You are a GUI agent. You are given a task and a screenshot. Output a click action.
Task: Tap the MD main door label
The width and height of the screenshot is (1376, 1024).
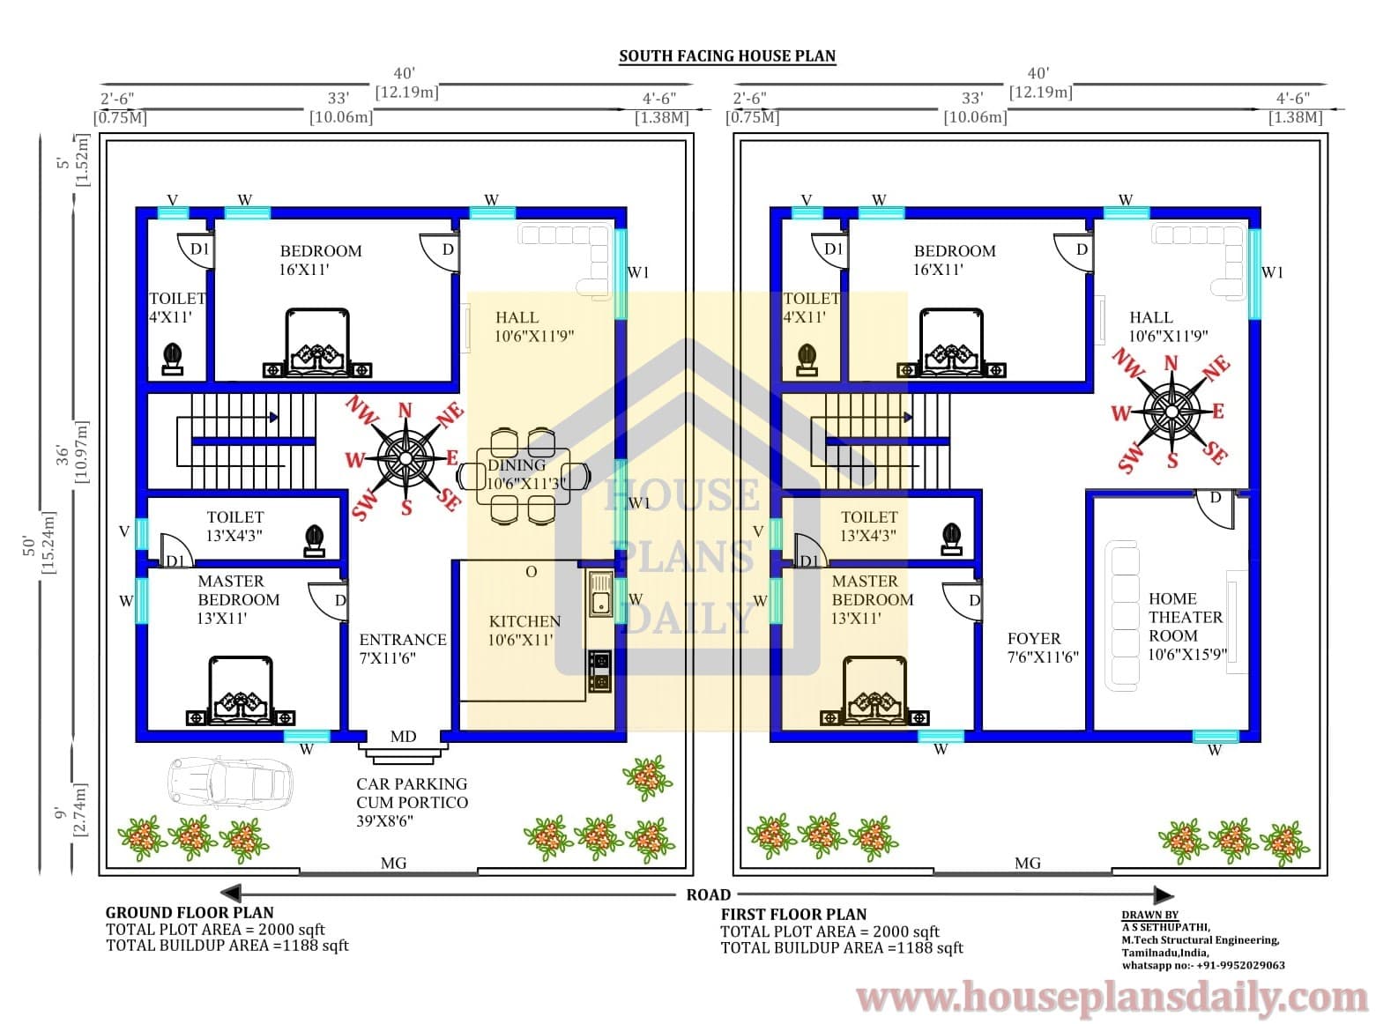tap(403, 736)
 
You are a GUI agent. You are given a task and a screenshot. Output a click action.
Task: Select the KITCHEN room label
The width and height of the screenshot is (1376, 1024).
tap(524, 621)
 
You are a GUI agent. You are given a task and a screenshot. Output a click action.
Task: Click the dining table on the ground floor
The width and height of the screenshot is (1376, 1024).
tap(523, 476)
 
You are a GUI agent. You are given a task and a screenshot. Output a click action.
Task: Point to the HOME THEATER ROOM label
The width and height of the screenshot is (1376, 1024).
tap(1186, 617)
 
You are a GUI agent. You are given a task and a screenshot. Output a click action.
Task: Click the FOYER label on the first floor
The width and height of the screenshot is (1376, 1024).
tap(1034, 638)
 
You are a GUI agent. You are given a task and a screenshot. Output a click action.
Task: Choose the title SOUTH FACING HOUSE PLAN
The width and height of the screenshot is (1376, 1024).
tap(727, 56)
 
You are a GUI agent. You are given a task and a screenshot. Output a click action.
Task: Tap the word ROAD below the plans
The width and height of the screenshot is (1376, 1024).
tap(709, 894)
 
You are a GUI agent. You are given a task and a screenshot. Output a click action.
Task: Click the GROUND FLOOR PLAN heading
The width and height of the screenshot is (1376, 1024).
tap(190, 912)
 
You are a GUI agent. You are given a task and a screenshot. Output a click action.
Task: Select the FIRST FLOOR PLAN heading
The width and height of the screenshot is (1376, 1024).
tap(793, 914)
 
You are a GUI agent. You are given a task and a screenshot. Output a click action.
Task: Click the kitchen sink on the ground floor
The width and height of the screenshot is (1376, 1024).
tap(600, 594)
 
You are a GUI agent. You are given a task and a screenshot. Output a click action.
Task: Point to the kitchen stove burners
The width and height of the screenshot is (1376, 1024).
tap(600, 672)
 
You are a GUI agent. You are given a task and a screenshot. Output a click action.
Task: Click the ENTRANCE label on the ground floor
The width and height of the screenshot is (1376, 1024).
tap(403, 640)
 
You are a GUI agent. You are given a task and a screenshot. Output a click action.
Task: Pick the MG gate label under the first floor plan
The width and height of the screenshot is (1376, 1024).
tap(1027, 863)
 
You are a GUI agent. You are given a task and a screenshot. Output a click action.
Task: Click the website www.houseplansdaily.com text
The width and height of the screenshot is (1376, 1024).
tap(1112, 998)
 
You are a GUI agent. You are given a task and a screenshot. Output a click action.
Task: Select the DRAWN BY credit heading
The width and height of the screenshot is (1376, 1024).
tap(1149, 915)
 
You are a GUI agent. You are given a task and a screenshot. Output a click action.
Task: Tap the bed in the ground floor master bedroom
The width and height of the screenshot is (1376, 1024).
tap(241, 690)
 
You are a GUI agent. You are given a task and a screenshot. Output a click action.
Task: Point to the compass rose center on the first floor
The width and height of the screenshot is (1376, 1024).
tap(1171, 412)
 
